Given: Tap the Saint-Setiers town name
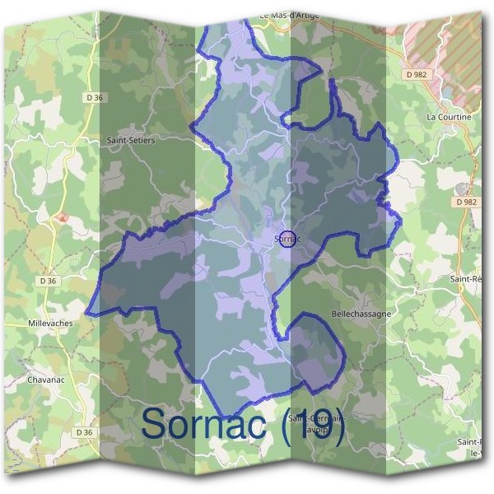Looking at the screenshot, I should click(130, 140).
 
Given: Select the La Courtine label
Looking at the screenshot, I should click(449, 117).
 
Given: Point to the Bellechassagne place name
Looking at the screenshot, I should click(360, 314).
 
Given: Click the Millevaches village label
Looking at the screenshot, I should click(49, 323).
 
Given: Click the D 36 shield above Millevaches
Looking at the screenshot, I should click(48, 281).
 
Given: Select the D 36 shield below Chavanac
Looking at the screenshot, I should click(82, 431).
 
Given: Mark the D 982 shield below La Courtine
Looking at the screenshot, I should click(465, 201).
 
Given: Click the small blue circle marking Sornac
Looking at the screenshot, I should click(287, 239).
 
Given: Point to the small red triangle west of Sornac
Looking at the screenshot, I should click(62, 218).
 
